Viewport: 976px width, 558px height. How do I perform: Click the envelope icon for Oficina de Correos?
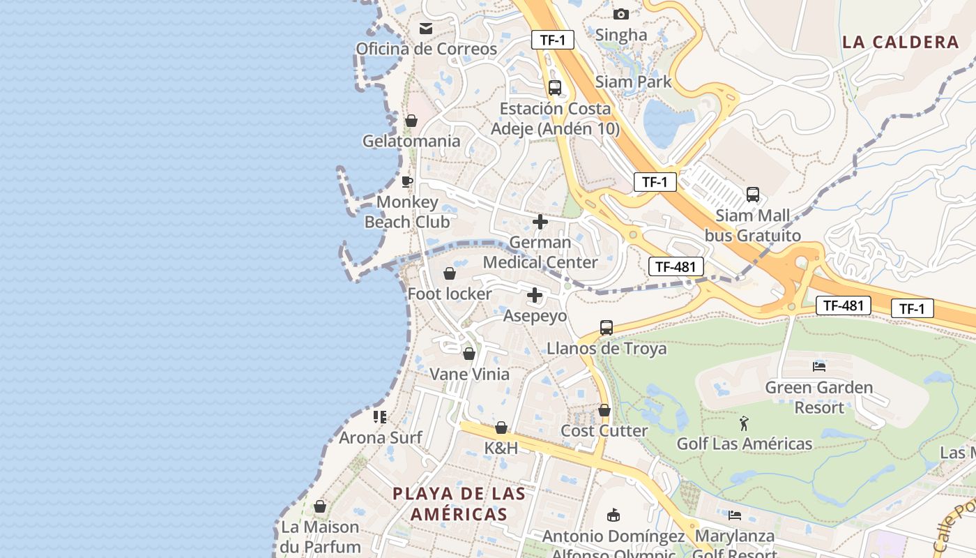pyautogui.click(x=425, y=29)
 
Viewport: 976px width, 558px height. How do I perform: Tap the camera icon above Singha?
pyautogui.click(x=620, y=14)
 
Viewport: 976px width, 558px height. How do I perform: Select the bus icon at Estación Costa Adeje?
pyautogui.click(x=555, y=88)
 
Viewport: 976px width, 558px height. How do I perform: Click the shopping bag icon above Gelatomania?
pyautogui.click(x=411, y=121)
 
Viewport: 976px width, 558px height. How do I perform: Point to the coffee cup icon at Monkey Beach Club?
pyautogui.click(x=407, y=182)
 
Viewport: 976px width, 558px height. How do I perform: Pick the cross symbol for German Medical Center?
pyautogui.click(x=540, y=222)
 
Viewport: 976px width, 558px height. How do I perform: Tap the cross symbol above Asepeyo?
pyautogui.click(x=535, y=295)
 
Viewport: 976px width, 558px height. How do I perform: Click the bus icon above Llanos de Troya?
pyautogui.click(x=607, y=328)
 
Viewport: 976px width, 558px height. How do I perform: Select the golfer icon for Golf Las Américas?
pyautogui.click(x=745, y=423)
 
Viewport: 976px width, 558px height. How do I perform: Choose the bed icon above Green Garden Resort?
pyautogui.click(x=819, y=366)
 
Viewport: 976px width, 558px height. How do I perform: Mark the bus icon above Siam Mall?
pyautogui.click(x=753, y=195)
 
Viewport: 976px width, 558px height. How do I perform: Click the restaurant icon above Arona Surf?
pyautogui.click(x=380, y=417)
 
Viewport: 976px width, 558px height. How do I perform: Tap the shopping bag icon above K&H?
pyautogui.click(x=501, y=428)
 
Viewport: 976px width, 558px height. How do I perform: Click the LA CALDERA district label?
pyautogui.click(x=901, y=42)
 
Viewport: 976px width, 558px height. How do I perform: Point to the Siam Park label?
pyautogui.click(x=633, y=82)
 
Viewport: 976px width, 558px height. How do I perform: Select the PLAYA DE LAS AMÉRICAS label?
pyautogui.click(x=459, y=504)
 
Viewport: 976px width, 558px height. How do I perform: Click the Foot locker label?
pyautogui.click(x=450, y=294)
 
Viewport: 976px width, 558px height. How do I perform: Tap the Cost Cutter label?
pyautogui.click(x=604, y=430)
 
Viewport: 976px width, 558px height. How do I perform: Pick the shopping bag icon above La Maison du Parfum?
pyautogui.click(x=320, y=506)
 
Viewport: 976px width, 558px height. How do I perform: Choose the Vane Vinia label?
pyautogui.click(x=469, y=374)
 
